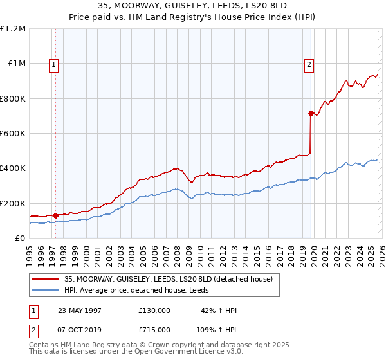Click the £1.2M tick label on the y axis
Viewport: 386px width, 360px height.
click(x=13, y=29)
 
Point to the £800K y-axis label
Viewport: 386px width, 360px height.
click(x=13, y=99)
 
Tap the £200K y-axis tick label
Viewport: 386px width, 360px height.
click(x=13, y=203)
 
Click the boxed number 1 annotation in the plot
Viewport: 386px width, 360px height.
click(x=53, y=64)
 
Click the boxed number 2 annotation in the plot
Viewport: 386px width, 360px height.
click(x=309, y=64)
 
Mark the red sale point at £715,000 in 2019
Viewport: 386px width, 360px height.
click(x=311, y=114)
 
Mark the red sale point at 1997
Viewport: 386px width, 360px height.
click(x=56, y=215)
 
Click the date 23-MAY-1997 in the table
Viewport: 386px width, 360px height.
click(x=80, y=310)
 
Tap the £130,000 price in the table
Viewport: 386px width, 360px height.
click(x=154, y=310)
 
